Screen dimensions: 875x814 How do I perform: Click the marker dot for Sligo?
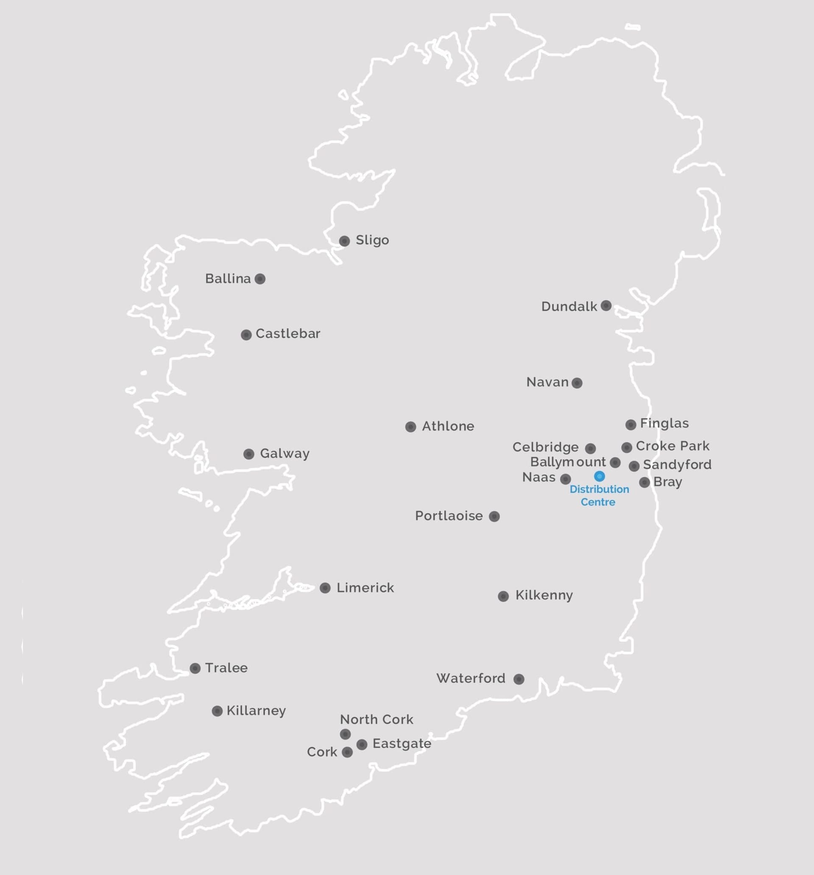coord(344,241)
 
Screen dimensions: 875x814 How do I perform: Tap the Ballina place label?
coord(228,279)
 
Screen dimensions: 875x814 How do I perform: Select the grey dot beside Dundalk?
coord(606,306)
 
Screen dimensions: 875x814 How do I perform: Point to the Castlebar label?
coord(287,333)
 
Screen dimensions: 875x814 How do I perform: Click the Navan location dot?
coord(577,383)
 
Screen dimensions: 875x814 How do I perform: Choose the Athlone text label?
coord(448,426)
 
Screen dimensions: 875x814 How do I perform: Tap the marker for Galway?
coord(249,454)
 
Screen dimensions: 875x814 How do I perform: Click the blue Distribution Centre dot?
coord(599,476)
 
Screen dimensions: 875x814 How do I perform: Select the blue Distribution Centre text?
coord(599,496)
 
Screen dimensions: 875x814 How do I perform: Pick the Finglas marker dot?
coord(631,424)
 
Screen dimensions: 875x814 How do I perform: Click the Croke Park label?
coord(672,446)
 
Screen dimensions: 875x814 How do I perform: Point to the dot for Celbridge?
coord(591,448)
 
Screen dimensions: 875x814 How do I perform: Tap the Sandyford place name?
coord(677,464)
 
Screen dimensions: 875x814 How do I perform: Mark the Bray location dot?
coord(644,482)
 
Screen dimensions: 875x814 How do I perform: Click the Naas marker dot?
coord(566,479)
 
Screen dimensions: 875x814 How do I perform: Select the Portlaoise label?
coord(449,516)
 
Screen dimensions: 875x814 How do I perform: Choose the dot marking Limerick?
coord(325,588)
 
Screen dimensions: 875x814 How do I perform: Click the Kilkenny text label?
coord(544,595)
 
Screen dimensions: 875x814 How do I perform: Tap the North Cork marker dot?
coord(346,734)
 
